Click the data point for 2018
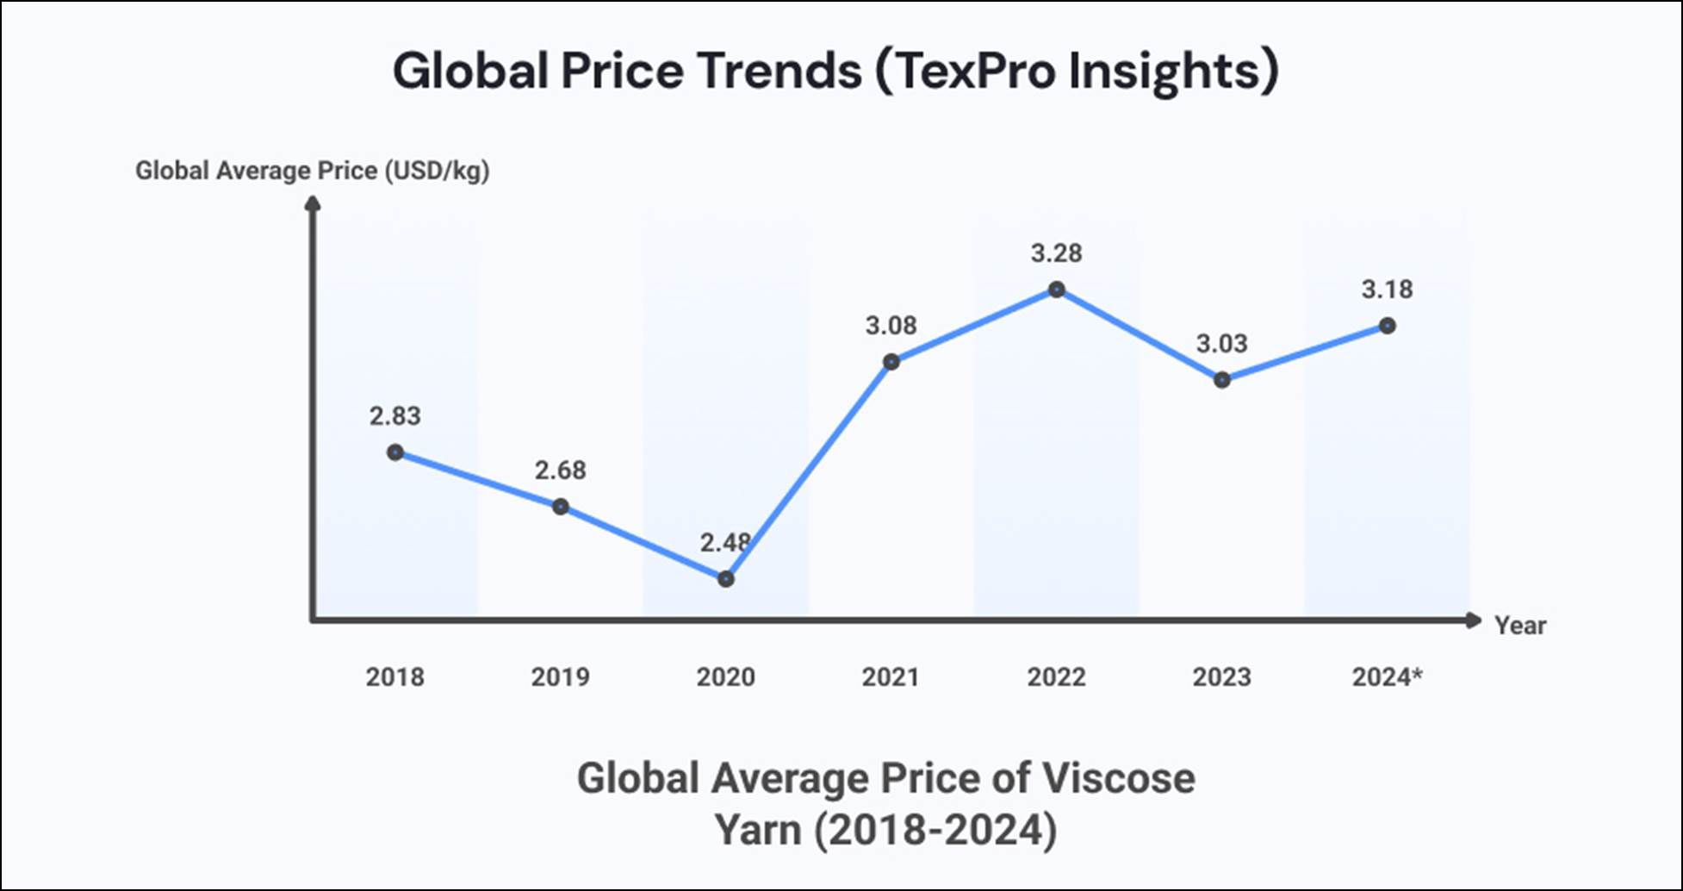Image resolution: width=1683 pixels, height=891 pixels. (395, 452)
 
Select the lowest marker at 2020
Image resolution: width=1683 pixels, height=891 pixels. (726, 579)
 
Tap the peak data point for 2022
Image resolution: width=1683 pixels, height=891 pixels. (1057, 290)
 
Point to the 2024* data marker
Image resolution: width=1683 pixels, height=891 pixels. (1388, 326)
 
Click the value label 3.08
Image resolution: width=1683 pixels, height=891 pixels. (891, 326)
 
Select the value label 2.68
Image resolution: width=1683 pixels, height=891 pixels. (560, 470)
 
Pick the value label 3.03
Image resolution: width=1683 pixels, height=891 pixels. (1221, 344)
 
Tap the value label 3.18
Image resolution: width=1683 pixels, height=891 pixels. (1387, 290)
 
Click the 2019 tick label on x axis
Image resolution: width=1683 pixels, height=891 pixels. (560, 677)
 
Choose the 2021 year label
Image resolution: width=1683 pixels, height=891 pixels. (891, 677)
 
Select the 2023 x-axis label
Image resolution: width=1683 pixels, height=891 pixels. (1221, 677)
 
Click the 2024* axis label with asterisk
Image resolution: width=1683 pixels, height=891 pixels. (1387, 677)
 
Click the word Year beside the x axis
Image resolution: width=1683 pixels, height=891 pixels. (1519, 626)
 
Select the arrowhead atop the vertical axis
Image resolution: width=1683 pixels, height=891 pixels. (314, 203)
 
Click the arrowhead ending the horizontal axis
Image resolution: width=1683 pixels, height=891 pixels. (1473, 620)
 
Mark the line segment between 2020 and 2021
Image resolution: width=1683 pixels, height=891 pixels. (809, 470)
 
